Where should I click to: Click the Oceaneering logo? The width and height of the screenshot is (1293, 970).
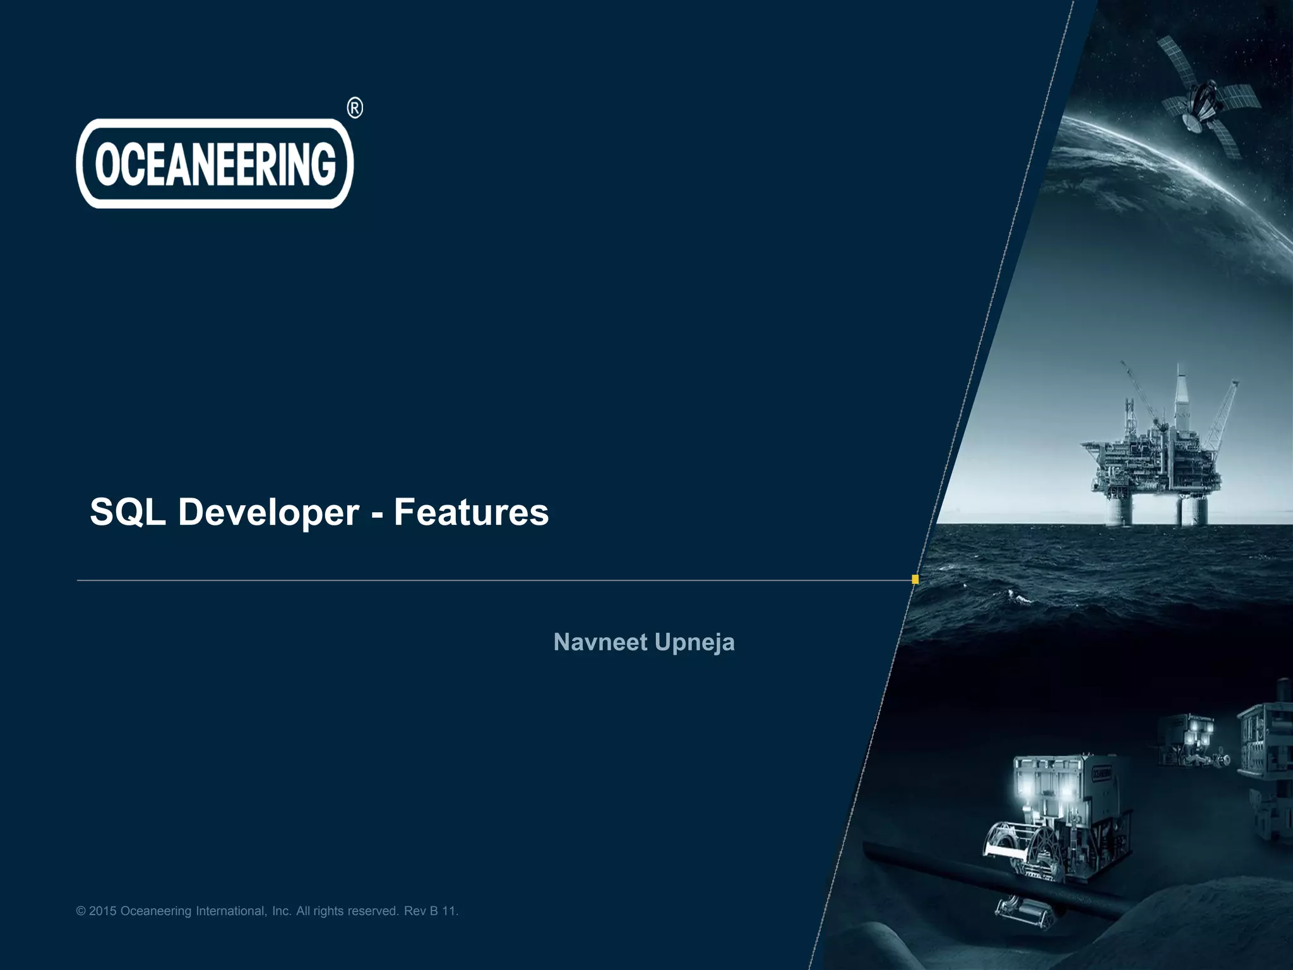(x=215, y=163)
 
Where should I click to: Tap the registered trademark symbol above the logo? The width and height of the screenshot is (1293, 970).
(x=355, y=109)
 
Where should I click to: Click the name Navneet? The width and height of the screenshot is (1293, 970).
(x=600, y=642)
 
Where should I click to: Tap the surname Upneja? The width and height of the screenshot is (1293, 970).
(x=694, y=642)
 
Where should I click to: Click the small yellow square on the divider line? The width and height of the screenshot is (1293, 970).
(x=915, y=579)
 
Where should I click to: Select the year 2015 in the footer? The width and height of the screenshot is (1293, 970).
(x=103, y=911)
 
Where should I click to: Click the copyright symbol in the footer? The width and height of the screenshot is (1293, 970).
(x=81, y=911)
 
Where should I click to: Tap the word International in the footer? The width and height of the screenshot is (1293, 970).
(x=232, y=911)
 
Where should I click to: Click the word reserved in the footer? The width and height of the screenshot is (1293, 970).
(x=373, y=911)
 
